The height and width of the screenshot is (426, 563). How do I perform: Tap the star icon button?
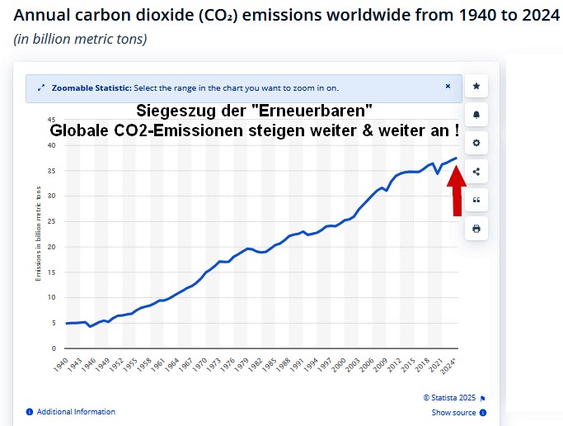(x=476, y=85)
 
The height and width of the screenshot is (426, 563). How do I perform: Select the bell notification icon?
(x=476, y=114)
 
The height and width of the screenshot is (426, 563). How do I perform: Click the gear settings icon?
(x=476, y=143)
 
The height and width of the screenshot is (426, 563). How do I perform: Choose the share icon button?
(x=476, y=172)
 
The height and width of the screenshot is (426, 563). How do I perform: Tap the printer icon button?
(x=476, y=229)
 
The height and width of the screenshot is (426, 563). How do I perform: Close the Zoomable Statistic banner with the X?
(x=448, y=86)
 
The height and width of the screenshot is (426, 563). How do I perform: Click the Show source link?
(x=453, y=413)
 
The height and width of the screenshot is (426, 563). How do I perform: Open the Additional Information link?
(x=76, y=412)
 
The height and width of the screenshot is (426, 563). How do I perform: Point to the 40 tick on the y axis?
(x=51, y=145)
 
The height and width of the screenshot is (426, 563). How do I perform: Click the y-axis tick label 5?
(x=54, y=323)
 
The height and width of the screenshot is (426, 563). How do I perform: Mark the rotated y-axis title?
(x=38, y=234)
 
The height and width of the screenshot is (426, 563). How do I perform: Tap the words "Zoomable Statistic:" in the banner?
(x=91, y=88)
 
